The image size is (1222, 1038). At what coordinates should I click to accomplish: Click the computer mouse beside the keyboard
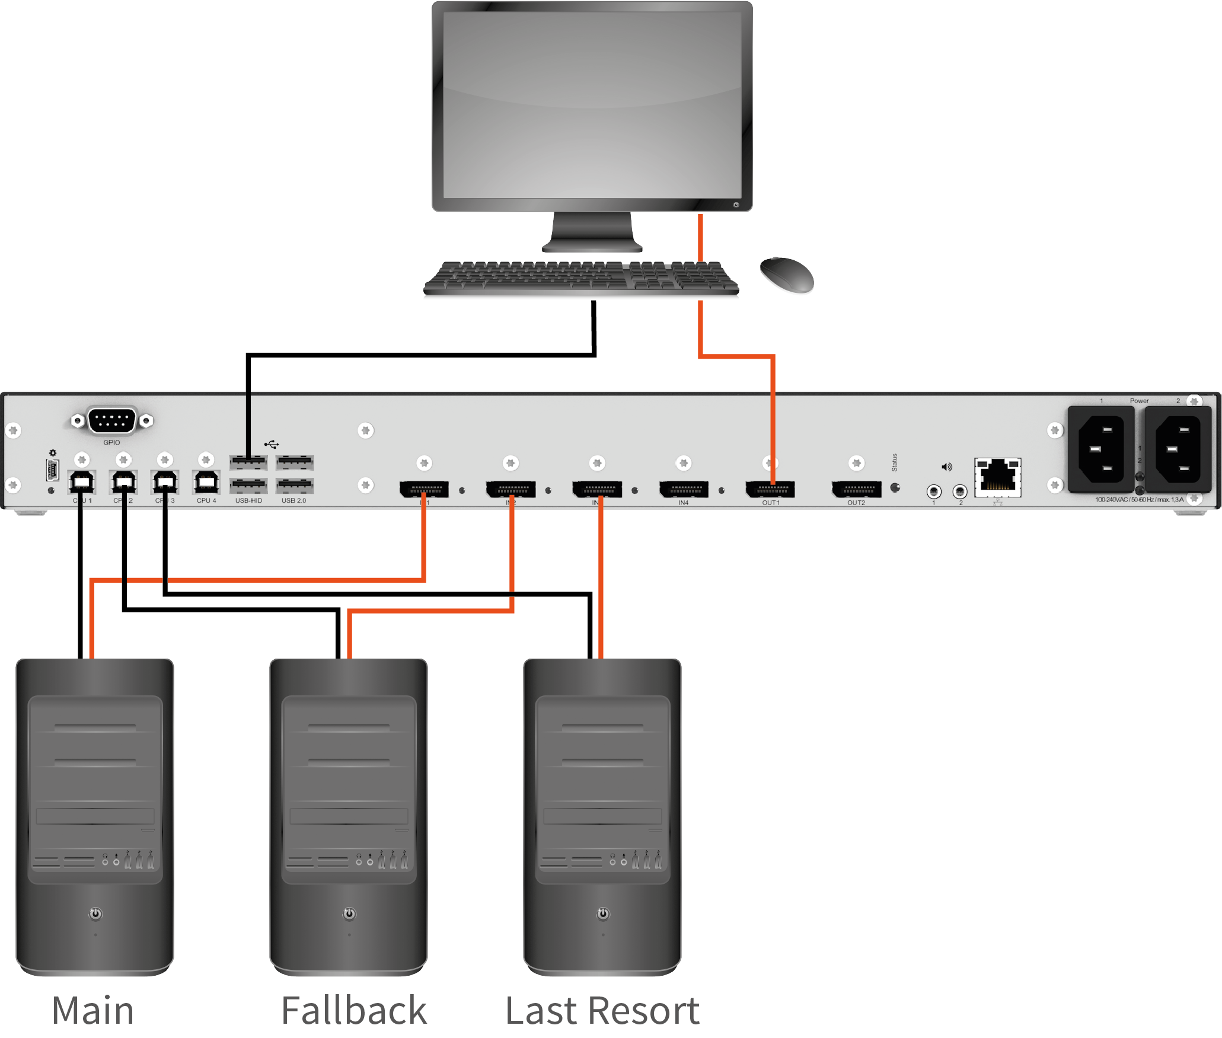787,274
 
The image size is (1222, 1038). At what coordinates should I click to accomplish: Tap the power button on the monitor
736,205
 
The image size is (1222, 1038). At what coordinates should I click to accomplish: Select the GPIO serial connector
112,420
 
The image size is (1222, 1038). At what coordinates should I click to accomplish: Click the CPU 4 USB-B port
206,482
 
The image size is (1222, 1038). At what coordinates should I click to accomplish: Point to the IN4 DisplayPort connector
684,489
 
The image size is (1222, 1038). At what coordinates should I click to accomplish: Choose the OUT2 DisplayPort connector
856,489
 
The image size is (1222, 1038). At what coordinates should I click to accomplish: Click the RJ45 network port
998,477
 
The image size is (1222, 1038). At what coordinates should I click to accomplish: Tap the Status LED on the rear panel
895,488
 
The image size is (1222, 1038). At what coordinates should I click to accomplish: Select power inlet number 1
1100,449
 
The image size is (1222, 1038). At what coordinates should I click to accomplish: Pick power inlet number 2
1178,449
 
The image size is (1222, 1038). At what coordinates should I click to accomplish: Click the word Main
93,1011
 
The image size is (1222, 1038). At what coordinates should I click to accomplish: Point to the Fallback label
354,1011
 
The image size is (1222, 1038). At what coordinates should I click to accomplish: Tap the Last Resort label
602,1011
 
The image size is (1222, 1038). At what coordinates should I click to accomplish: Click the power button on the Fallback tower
349,914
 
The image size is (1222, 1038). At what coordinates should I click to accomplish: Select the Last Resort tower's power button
603,914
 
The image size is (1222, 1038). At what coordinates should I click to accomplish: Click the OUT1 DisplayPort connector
770,489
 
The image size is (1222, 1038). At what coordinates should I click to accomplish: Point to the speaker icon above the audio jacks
947,467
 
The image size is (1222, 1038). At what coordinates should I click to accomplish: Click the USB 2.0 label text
293,501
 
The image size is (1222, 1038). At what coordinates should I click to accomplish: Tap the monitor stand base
592,245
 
